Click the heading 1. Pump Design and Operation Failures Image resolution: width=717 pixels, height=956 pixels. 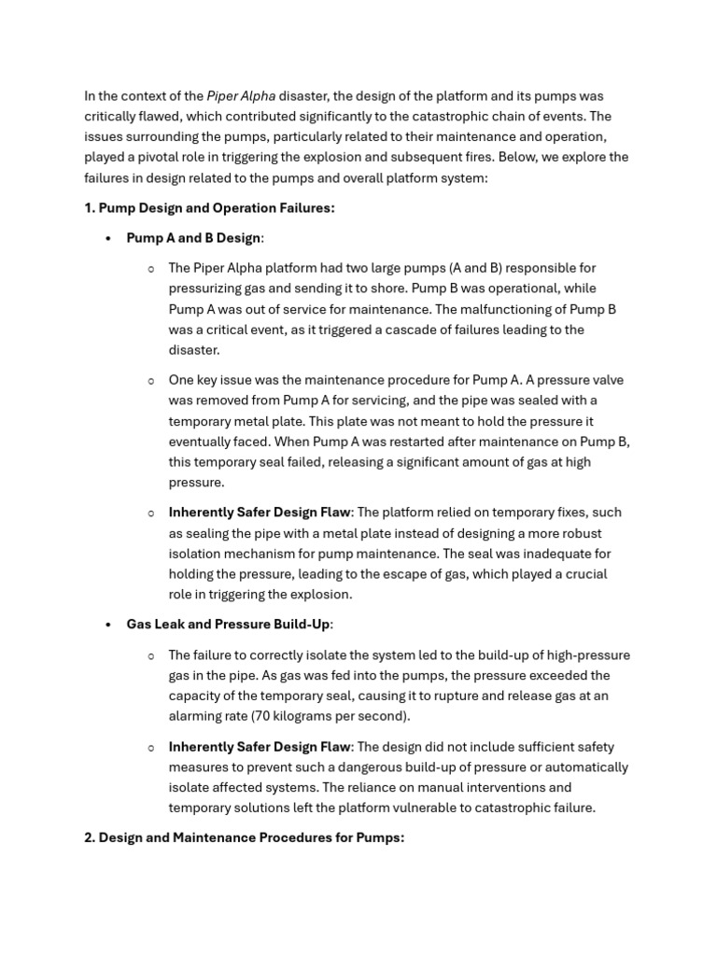209,208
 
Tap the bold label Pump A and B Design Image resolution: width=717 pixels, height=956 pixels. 193,238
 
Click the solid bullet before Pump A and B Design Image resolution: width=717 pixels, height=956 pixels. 108,238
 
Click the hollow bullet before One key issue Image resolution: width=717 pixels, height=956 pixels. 150,380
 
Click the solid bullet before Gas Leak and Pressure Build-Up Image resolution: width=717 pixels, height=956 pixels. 108,624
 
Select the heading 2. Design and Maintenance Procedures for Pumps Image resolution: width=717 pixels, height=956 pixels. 244,837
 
